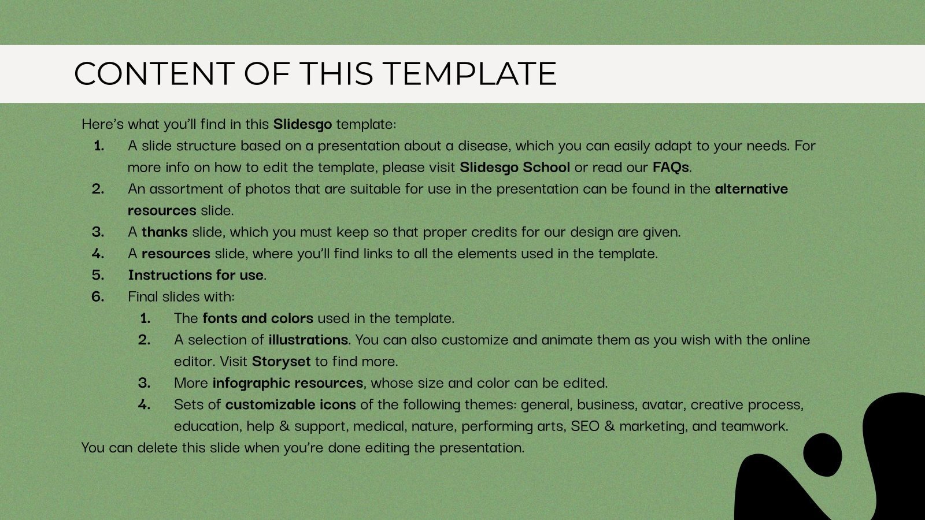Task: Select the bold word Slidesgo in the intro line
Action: tap(302, 124)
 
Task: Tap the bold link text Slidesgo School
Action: tap(515, 168)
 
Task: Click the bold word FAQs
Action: tap(671, 168)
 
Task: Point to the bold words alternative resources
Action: tap(751, 189)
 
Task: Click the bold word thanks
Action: tap(164, 232)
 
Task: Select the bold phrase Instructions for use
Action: tap(195, 275)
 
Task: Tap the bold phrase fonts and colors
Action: tap(257, 318)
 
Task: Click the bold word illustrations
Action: tap(308, 340)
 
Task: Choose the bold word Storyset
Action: tap(281, 362)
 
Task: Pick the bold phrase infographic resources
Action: tap(287, 383)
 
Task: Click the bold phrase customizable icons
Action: tap(290, 404)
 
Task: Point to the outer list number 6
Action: tap(98, 297)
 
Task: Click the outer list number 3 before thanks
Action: tap(98, 232)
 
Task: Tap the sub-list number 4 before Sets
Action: tap(144, 404)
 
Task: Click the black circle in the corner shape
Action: tap(823, 455)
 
